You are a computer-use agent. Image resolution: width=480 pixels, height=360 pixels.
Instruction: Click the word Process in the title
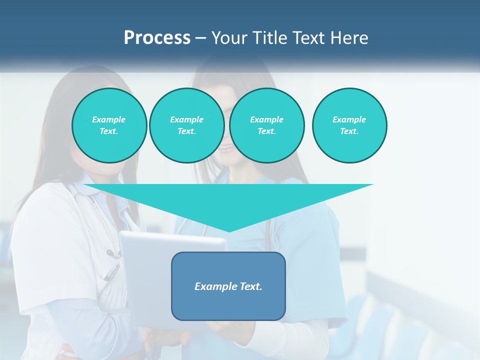pos(157,38)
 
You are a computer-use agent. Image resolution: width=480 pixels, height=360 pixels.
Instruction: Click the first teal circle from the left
pos(109,125)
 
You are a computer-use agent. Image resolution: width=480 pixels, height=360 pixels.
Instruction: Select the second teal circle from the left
pos(186,125)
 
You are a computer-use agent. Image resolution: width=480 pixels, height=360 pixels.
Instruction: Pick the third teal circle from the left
pos(267,125)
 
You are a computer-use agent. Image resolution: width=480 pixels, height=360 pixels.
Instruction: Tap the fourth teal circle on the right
pos(349,125)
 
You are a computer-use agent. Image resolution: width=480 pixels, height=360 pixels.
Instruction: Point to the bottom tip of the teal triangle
pos(229,231)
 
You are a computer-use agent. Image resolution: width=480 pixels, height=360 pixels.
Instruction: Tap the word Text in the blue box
pos(250,286)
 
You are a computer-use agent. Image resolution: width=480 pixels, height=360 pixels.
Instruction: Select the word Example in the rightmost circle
pos(349,119)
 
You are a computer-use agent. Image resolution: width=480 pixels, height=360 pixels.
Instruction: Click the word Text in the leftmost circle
pos(108,131)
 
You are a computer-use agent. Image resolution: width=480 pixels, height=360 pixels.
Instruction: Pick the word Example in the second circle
pos(186,119)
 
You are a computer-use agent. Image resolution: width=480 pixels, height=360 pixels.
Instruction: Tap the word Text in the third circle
pos(266,131)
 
